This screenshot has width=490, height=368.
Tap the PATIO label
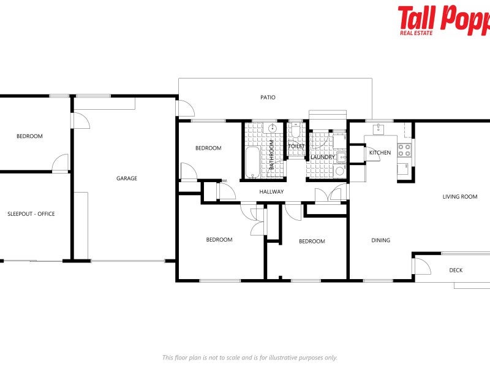pos(268,98)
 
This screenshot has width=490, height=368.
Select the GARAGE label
pos(127,178)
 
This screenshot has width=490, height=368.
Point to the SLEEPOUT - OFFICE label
pos(31,214)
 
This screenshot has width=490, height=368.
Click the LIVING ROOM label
pos(460,197)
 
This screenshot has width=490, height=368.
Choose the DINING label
pos(380,240)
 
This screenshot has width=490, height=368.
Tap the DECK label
pos(456,270)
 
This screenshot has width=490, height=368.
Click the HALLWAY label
pos(271,192)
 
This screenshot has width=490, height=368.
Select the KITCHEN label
pos(380,153)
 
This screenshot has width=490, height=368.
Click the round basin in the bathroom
pos(271,129)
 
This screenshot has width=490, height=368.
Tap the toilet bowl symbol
pos(296,131)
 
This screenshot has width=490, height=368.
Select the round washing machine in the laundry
pos(339,172)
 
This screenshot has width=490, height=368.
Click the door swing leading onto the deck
pos(422,266)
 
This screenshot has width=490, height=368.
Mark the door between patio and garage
pos(186,109)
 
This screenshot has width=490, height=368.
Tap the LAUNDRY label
pos(322,158)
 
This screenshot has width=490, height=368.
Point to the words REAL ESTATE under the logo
pos(417,33)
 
